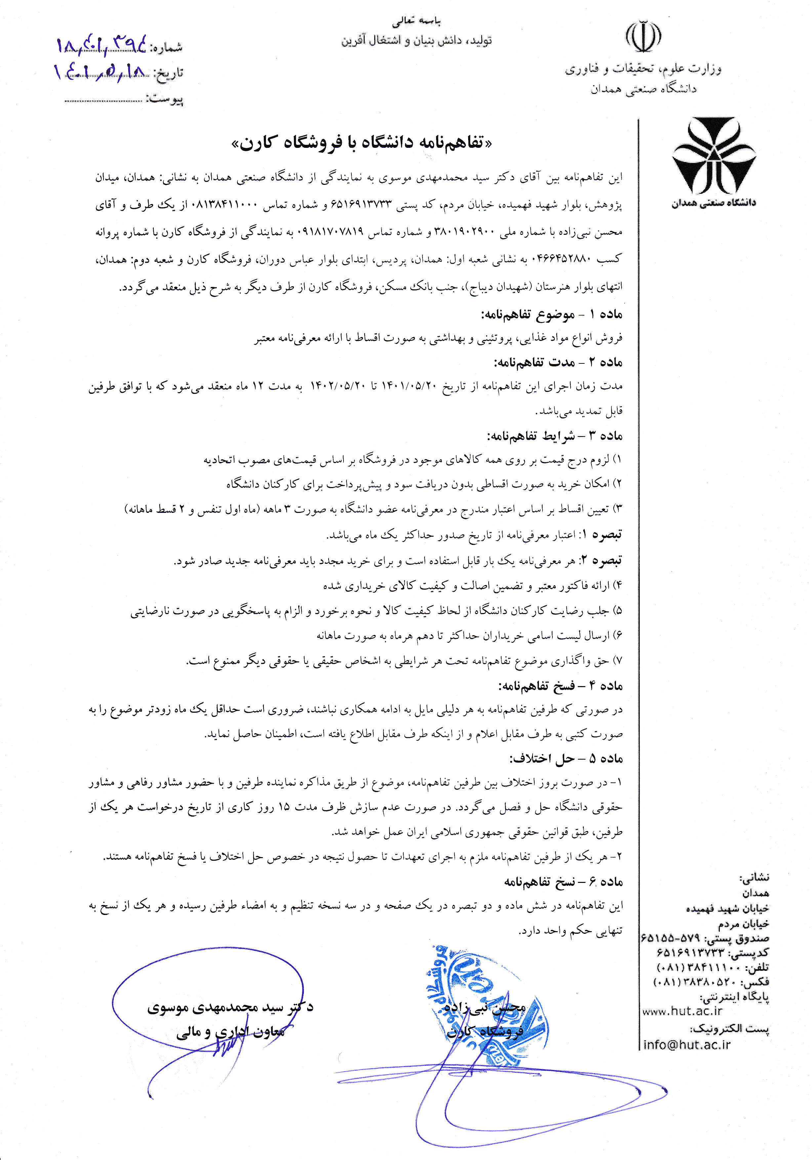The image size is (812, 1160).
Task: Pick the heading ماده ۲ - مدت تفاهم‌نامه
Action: pos(558,362)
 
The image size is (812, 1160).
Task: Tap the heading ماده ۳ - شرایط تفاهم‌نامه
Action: pos(555,435)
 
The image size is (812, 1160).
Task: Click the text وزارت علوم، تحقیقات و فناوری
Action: pos(643,69)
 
